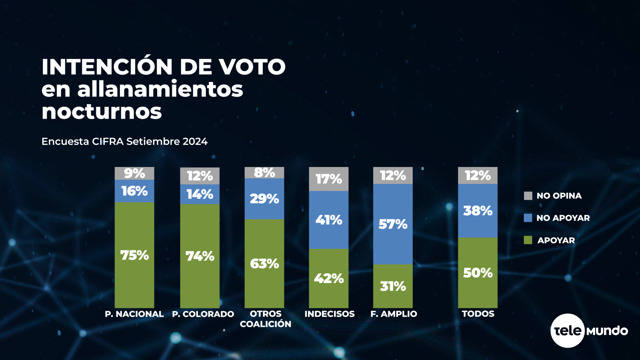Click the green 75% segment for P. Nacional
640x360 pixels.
coord(134,255)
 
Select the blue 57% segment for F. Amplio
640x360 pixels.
coord(393,224)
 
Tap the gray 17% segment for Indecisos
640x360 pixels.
coord(329,179)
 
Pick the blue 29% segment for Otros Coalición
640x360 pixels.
coord(264,199)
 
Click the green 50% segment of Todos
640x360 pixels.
coord(478,273)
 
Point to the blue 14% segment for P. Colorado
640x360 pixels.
coord(200,194)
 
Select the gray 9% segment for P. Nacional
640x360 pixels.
coord(134,173)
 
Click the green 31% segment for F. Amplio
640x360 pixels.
coord(393,286)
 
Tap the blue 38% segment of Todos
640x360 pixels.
coord(478,211)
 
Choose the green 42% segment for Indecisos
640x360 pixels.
coord(329,278)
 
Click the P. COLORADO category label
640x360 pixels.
coord(203,314)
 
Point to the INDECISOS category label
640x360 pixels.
coord(329,314)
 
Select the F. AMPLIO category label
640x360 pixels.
coord(394,314)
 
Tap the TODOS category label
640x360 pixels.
coord(478,314)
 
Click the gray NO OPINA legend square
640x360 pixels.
coord(528,196)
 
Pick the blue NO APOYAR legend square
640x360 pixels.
coord(528,218)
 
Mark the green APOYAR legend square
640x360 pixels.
coord(528,240)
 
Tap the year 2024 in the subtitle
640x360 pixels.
coord(195,141)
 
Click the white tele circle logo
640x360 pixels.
coord(567,331)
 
